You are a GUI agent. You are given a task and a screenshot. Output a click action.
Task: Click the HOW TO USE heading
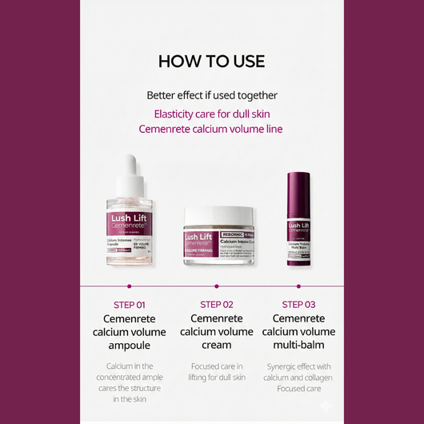point(211,62)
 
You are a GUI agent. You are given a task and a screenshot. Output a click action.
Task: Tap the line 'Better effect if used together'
point(211,94)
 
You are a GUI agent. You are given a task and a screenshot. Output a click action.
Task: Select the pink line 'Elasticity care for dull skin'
point(211,114)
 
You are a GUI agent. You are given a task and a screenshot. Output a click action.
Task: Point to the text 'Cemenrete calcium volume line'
point(211,129)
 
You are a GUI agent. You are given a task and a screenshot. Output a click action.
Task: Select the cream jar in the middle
point(218,237)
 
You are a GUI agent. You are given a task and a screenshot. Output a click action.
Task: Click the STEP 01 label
point(130,304)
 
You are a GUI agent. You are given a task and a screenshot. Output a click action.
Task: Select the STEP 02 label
point(217,304)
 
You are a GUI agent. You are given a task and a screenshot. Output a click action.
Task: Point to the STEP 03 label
point(298,304)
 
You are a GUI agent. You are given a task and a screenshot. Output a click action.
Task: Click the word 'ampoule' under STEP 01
point(130,346)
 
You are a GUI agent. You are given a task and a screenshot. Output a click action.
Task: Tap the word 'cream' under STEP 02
point(217,346)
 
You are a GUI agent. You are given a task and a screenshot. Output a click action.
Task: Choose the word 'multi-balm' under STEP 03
point(298,346)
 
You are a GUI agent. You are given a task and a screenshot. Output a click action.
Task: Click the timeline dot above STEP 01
point(130,284)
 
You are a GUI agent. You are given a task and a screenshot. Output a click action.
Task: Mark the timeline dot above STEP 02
point(217,284)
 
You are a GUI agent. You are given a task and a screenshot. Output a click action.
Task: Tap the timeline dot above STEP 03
point(298,284)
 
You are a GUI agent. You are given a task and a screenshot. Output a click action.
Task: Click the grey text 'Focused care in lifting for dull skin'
point(217,372)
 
